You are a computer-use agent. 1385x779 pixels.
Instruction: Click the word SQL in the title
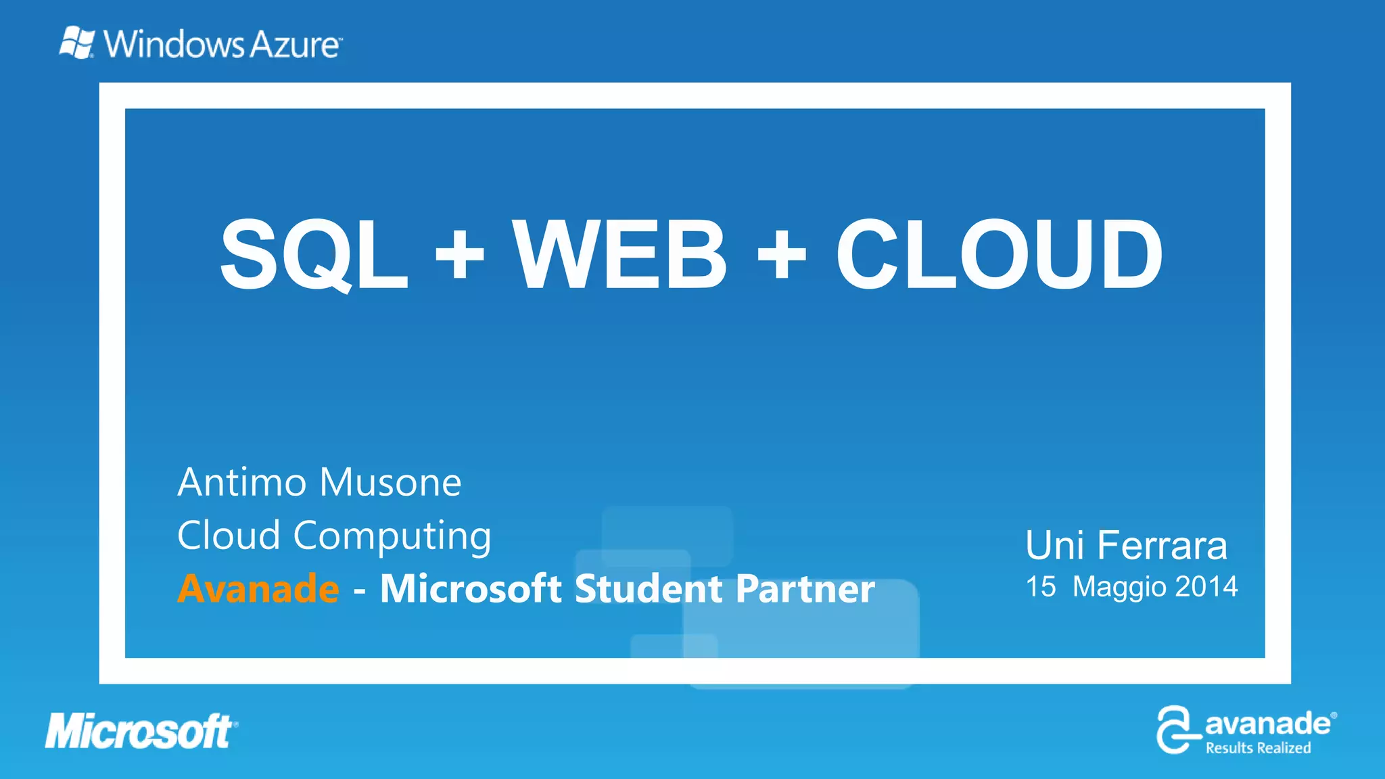pyautogui.click(x=314, y=254)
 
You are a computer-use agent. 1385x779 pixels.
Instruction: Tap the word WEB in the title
pyautogui.click(x=619, y=254)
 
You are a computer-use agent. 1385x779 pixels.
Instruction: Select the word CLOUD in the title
pyautogui.click(x=999, y=254)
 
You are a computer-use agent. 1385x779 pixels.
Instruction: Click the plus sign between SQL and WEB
pyautogui.click(x=460, y=255)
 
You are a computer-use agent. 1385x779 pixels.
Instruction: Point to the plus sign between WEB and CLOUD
pyautogui.click(x=782, y=255)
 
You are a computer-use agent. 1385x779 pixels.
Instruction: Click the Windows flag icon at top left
pyautogui.click(x=76, y=43)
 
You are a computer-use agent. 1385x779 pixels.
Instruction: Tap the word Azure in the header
pyautogui.click(x=296, y=45)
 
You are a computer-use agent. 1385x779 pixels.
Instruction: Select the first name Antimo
pyautogui.click(x=242, y=483)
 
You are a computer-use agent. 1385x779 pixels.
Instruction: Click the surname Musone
pyautogui.click(x=390, y=483)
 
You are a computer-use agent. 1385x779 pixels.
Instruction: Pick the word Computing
pyautogui.click(x=392, y=537)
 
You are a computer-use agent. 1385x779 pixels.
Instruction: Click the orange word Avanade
pyautogui.click(x=258, y=588)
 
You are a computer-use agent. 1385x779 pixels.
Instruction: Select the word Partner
pyautogui.click(x=805, y=588)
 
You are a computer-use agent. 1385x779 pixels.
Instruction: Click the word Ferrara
pyautogui.click(x=1162, y=546)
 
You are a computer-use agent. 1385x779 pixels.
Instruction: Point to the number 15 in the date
pyautogui.click(x=1041, y=586)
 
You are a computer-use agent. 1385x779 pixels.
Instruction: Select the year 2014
pyautogui.click(x=1206, y=586)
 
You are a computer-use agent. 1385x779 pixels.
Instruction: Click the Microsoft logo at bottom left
pyautogui.click(x=140, y=732)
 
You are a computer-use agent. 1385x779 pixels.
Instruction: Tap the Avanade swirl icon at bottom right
pyautogui.click(x=1177, y=729)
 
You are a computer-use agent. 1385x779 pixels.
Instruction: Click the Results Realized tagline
pyautogui.click(x=1258, y=748)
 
